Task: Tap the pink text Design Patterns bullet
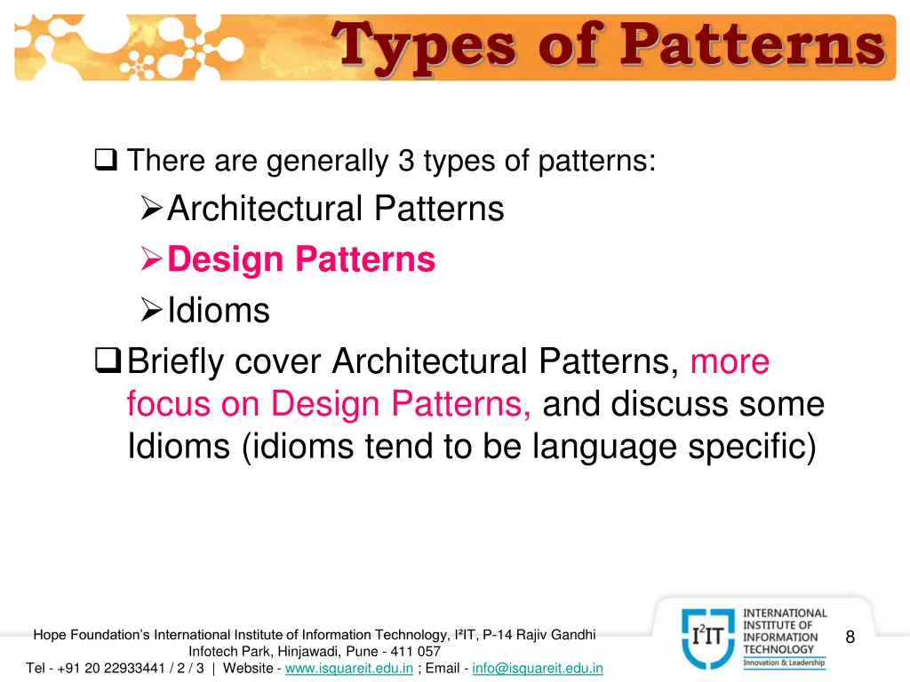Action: [x=301, y=259]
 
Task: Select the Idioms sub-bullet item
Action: [x=218, y=311]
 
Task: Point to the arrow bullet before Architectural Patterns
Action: [x=152, y=210]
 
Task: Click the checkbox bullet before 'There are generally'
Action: [x=106, y=162]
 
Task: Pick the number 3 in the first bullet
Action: [x=406, y=162]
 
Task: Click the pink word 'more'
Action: [x=730, y=362]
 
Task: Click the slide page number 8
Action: [x=850, y=637]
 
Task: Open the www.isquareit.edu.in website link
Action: [x=348, y=668]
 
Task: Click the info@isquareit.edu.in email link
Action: [x=538, y=668]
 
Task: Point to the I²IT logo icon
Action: [x=708, y=638]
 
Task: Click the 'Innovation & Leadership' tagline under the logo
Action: [x=784, y=662]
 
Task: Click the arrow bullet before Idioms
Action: [x=152, y=311]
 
